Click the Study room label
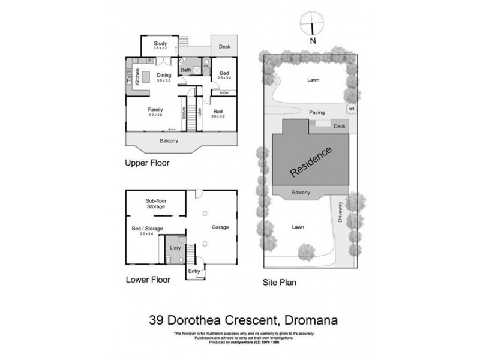pyautogui.click(x=160, y=43)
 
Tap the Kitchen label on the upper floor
pyautogui.click(x=137, y=78)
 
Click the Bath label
pyautogui.click(x=186, y=70)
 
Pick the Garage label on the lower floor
pyautogui.click(x=221, y=228)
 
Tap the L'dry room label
pyautogui.click(x=175, y=248)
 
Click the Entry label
pyautogui.click(x=194, y=272)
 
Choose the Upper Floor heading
pyautogui.click(x=148, y=163)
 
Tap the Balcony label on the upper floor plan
pyautogui.click(x=170, y=142)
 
